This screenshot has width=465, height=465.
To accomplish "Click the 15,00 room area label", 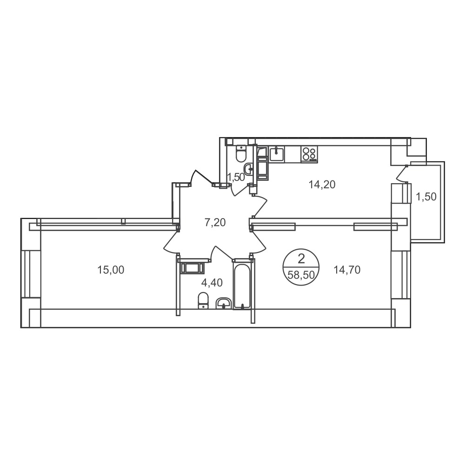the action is (x=111, y=270).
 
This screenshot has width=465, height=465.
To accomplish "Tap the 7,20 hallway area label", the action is (x=215, y=222).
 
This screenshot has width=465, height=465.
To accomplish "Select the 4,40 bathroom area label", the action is (x=212, y=283).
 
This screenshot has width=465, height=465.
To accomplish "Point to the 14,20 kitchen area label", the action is (x=322, y=185).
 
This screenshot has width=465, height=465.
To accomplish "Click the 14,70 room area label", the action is (x=347, y=270).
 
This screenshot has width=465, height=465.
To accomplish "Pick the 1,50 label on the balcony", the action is (x=426, y=197).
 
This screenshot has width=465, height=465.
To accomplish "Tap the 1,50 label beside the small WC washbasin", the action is (x=236, y=177).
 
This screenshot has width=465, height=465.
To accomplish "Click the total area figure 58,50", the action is (x=301, y=275).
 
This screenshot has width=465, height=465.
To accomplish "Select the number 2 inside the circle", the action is (x=301, y=259).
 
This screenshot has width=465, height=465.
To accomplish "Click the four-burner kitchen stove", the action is (x=309, y=154).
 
